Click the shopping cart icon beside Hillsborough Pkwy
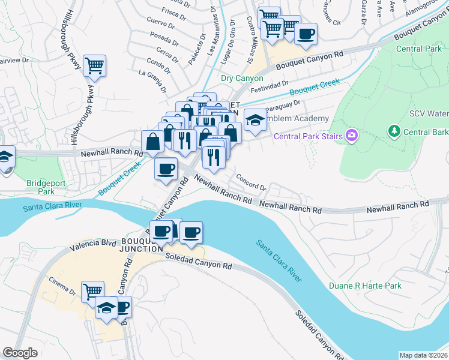[x=95, y=65]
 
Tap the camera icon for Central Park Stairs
[x=352, y=136]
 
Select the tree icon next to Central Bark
[x=394, y=130]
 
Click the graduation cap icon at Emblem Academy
[x=255, y=120]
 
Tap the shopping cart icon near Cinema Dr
[x=92, y=292]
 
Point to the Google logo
[x=20, y=353]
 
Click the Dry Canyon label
[x=242, y=78]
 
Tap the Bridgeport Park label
[x=41, y=187]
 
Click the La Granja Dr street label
[x=152, y=81]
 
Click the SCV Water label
[x=429, y=113]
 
